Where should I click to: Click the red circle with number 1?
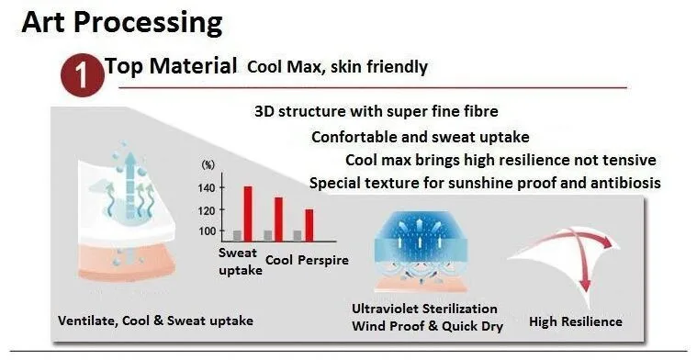[x=83, y=75]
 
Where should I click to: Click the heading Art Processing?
[x=122, y=22]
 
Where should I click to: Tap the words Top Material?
[x=171, y=66]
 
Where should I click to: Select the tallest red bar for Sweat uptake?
[x=248, y=214]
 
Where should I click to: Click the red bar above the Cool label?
[x=278, y=219]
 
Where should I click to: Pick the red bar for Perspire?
[x=309, y=225]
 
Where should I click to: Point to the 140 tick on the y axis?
[x=207, y=188]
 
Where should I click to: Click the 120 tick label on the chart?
[x=207, y=209]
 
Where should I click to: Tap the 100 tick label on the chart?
[x=207, y=231]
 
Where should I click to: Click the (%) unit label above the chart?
[x=208, y=165]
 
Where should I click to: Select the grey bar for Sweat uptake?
[x=237, y=236]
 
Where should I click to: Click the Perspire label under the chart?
[x=323, y=261]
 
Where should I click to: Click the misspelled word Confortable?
[x=354, y=137]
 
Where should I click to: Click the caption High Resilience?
[x=576, y=321]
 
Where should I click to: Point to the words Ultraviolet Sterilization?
[x=424, y=309]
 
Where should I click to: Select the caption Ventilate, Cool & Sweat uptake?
[x=155, y=321]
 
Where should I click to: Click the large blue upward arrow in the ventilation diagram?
[x=130, y=185]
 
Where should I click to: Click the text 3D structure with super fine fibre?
[x=377, y=111]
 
